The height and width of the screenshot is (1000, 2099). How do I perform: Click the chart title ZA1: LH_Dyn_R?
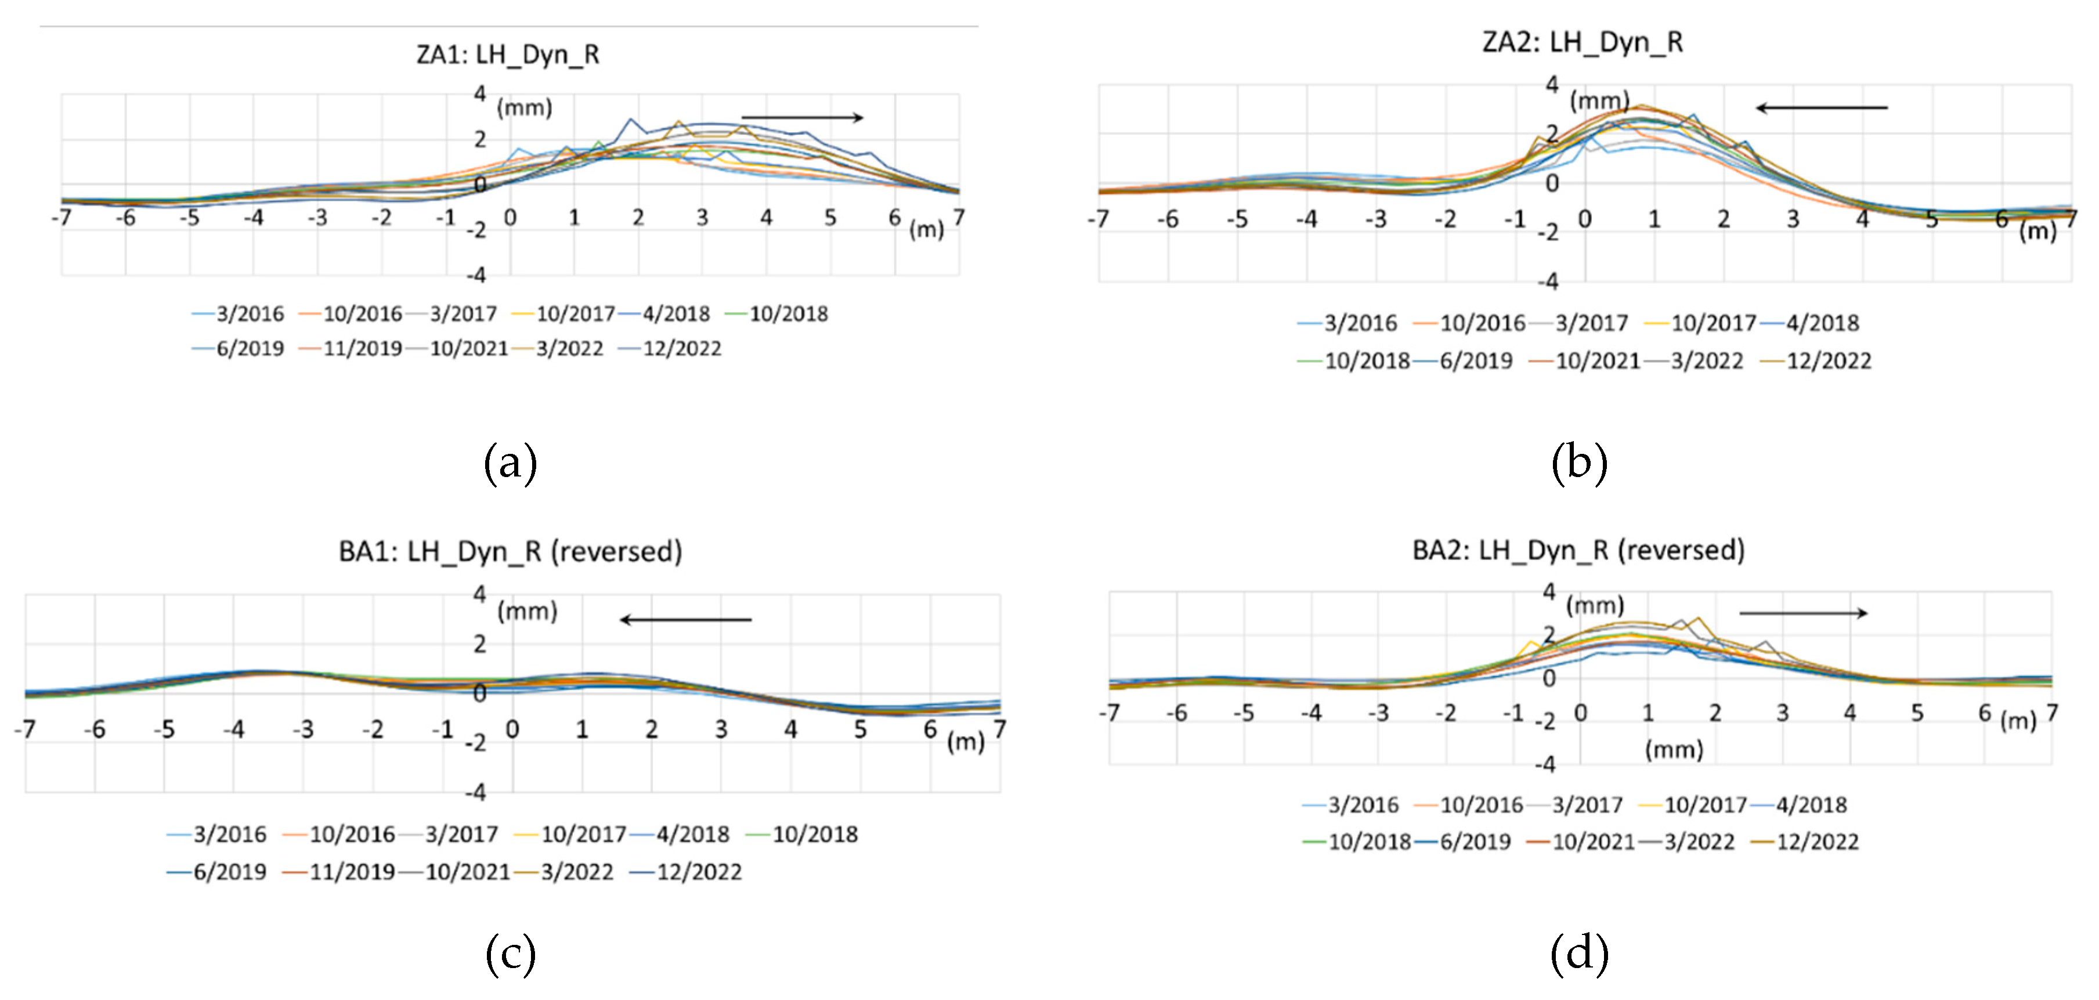508,55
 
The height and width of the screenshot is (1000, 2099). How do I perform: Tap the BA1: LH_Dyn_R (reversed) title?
510,552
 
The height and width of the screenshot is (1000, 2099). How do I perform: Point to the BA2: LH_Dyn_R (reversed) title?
1578,550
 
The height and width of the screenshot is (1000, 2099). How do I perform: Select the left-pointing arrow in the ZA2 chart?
1821,107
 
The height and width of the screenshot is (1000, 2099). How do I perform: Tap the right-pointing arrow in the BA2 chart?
1803,613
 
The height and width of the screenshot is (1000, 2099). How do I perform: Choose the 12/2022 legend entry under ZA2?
1816,361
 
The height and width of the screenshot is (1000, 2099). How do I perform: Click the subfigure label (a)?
510,463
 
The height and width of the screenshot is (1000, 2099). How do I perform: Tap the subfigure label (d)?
1579,954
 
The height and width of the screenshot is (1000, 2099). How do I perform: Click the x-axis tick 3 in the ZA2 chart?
1793,219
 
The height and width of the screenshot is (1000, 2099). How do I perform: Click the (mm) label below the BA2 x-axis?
1674,749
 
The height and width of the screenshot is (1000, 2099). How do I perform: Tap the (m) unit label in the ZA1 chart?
926,229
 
